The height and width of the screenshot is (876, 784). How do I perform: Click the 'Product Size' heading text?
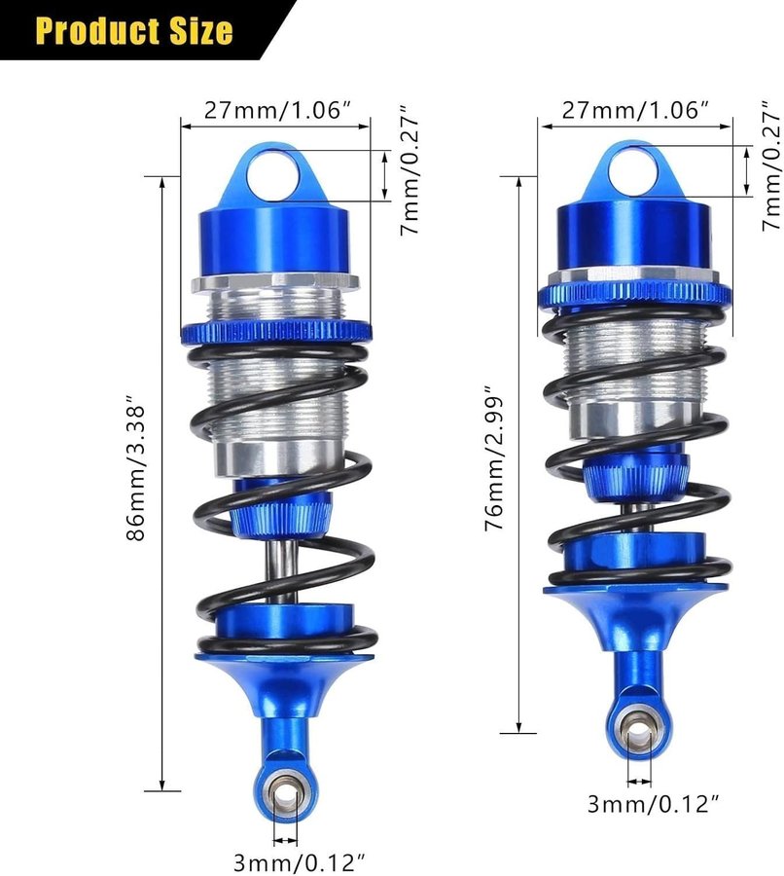click(134, 30)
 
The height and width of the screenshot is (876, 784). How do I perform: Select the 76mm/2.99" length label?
click(494, 457)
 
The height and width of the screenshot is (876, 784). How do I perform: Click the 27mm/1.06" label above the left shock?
click(280, 110)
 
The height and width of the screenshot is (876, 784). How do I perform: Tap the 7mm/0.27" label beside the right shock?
click(771, 165)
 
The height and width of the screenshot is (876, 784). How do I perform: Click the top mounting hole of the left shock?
click(273, 173)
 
